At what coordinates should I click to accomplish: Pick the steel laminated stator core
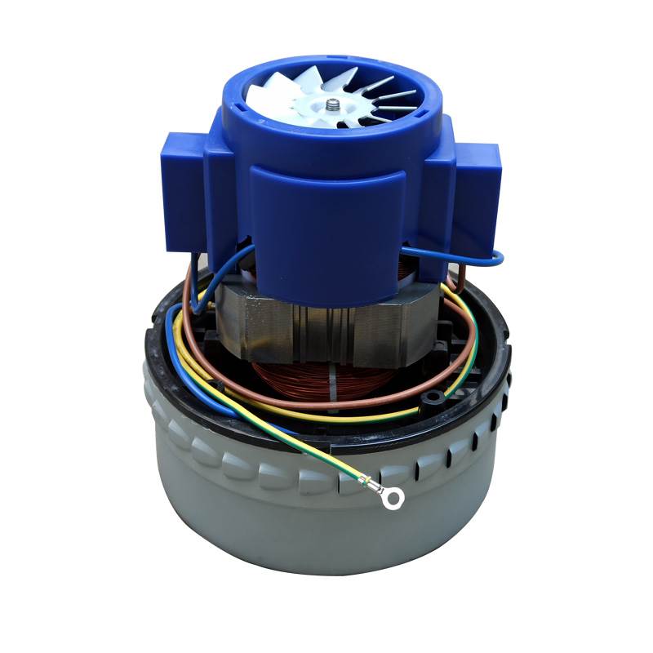click(x=269, y=326)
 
